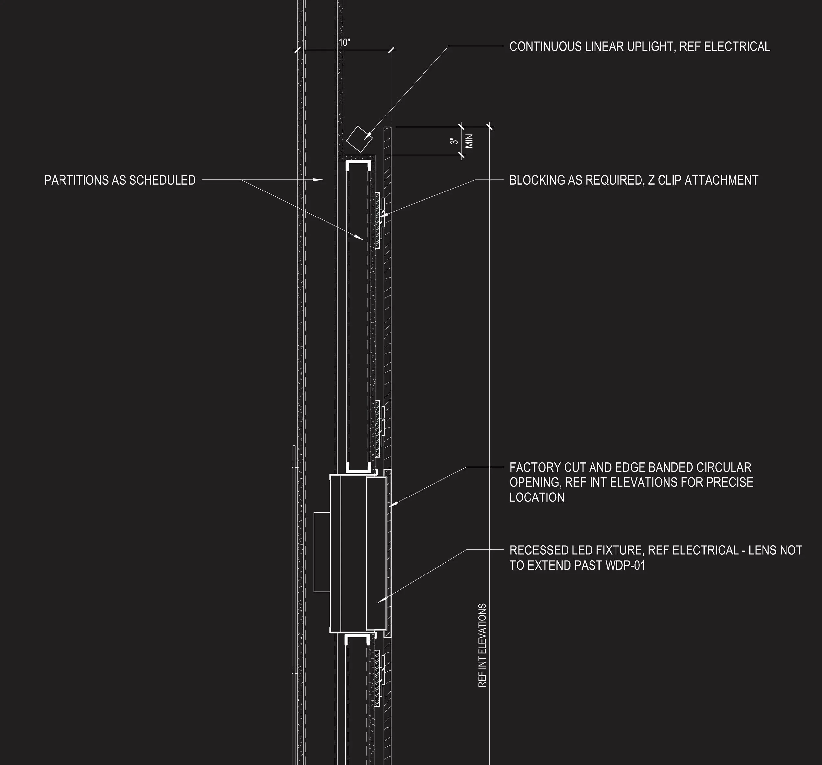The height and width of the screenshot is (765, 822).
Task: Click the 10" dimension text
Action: (344, 43)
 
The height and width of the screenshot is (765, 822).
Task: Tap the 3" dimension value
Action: (454, 141)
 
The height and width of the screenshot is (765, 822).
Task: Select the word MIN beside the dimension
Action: (469, 141)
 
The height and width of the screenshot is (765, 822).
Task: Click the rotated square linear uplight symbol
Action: (358, 140)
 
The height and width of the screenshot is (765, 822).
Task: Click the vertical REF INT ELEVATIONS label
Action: (482, 646)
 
